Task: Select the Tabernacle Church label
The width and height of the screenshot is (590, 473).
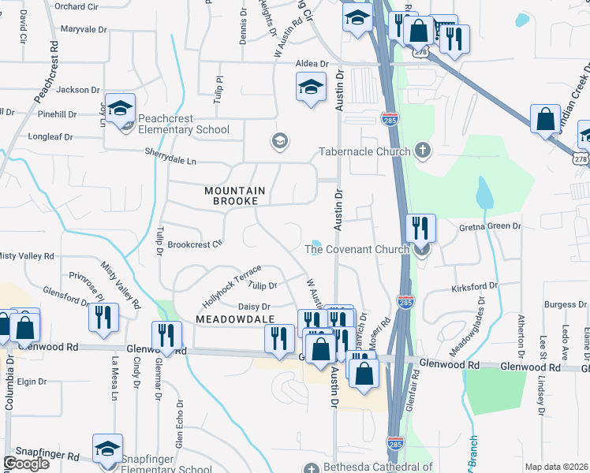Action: coord(364,151)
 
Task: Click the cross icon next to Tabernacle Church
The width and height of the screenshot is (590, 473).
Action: coord(423,151)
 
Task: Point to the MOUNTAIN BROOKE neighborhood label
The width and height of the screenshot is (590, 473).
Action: coord(237,197)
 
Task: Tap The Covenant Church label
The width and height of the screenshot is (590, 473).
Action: coord(357,250)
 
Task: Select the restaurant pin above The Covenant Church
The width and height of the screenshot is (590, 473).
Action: coord(420,229)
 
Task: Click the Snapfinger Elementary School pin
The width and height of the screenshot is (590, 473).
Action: coord(107,450)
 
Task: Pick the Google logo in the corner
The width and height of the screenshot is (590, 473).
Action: coord(27,464)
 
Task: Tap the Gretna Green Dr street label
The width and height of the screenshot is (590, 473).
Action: coord(491,226)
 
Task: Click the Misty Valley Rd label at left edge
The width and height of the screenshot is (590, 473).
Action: coord(27,256)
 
